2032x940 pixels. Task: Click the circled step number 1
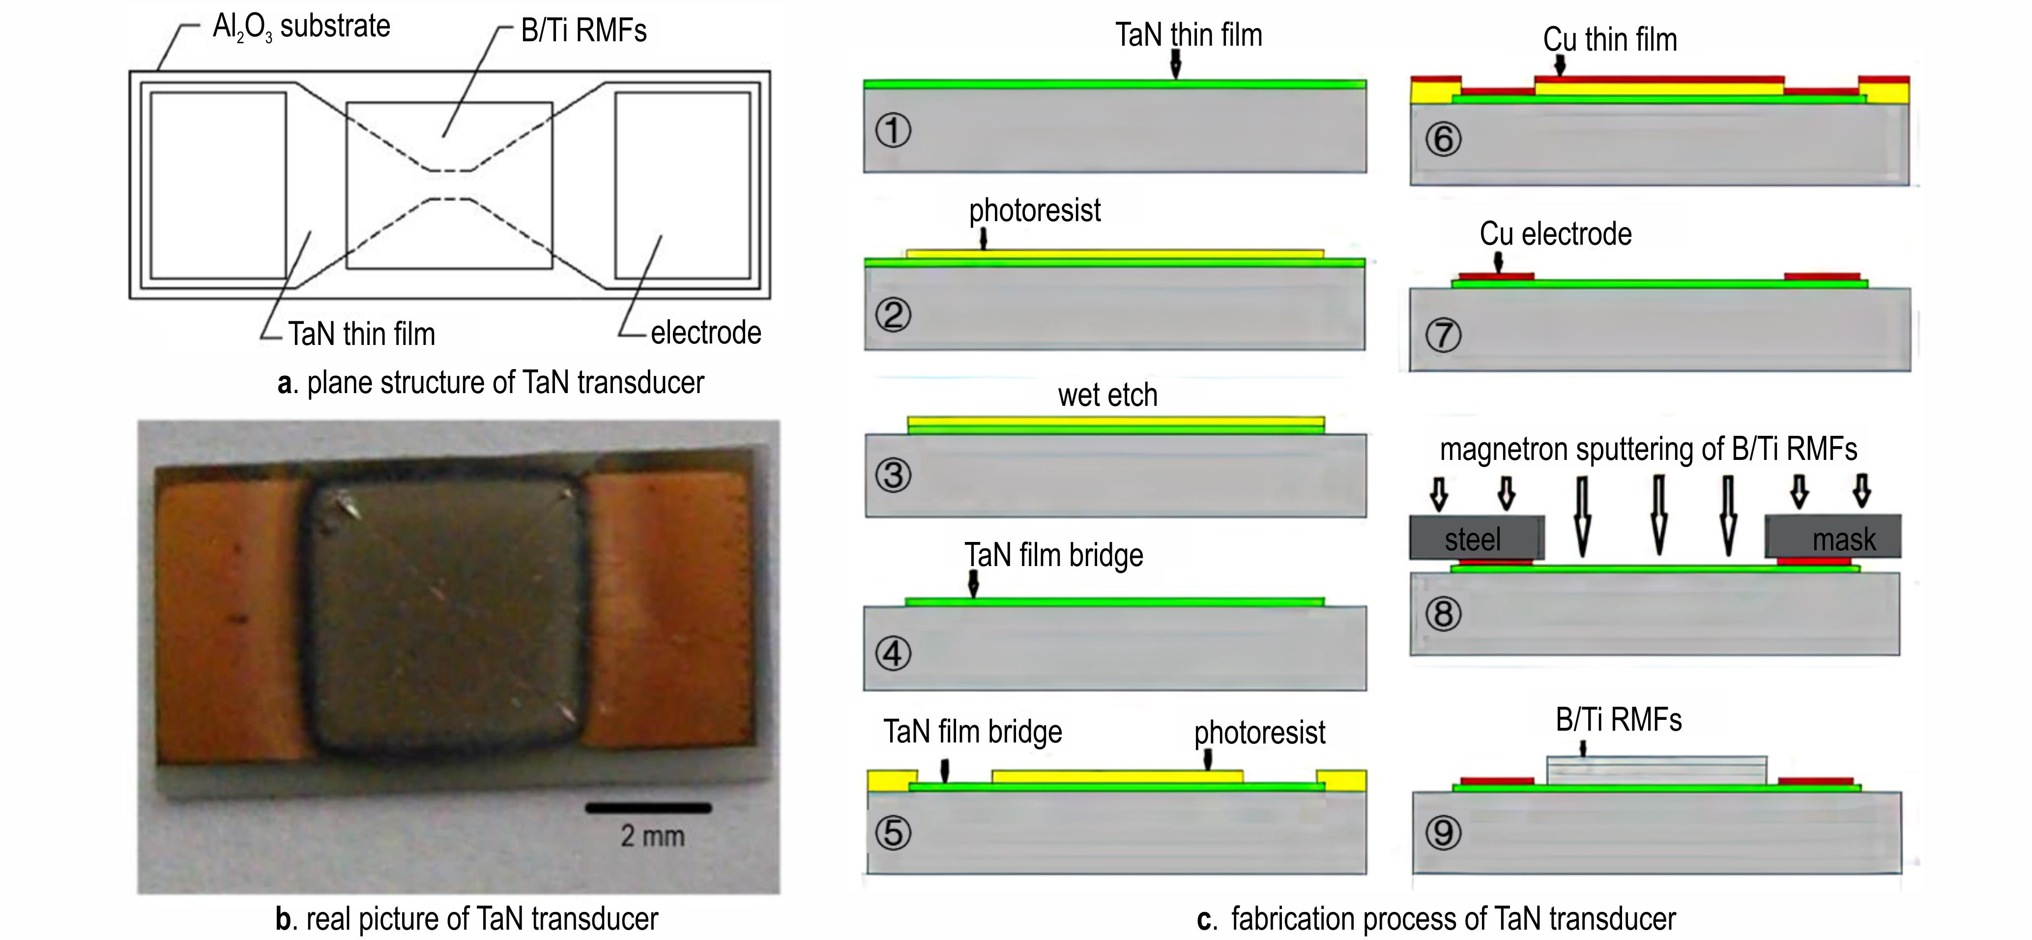893,130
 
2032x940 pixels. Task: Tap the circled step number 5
893,833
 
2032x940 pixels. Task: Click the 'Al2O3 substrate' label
301,28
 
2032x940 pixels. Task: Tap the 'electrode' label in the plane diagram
706,333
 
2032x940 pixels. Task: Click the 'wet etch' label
1107,395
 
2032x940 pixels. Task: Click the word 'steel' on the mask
1473,540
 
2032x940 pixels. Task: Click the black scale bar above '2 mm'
648,807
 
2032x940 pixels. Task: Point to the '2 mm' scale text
652,836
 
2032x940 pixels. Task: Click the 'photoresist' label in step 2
1034,210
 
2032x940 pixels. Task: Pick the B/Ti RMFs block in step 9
1656,770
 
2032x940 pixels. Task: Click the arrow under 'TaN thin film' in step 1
1175,63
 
